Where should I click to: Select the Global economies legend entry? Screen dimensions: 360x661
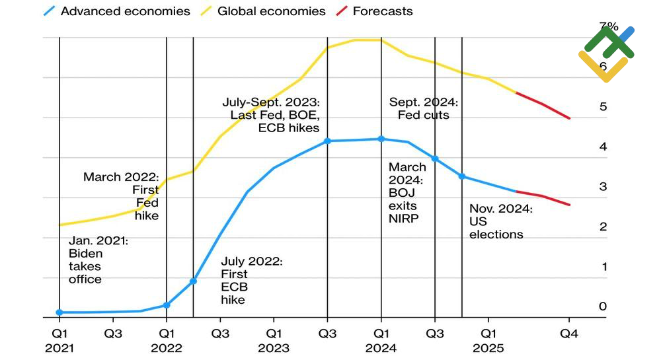coord(271,11)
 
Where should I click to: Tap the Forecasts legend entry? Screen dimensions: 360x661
coord(382,11)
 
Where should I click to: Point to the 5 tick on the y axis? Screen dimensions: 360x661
coord(603,106)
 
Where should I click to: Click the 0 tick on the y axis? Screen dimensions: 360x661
coord(603,306)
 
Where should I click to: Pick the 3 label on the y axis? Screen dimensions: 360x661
coord(603,186)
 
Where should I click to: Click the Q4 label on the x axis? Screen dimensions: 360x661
coord(569,334)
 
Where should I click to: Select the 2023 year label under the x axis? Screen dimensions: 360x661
coord(274,348)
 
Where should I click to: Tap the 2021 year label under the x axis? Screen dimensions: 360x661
coord(59,348)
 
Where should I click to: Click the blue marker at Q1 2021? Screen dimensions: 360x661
coord(59,312)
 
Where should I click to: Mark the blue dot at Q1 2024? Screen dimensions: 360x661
coord(381,139)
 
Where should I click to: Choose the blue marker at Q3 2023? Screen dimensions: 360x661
coord(327,141)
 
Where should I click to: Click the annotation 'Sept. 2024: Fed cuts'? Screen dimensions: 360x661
coord(423,109)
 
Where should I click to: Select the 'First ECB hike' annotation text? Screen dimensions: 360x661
coord(251,281)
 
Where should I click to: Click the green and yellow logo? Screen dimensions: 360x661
coord(607,54)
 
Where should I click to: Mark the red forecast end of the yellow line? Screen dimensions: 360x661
coord(569,118)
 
